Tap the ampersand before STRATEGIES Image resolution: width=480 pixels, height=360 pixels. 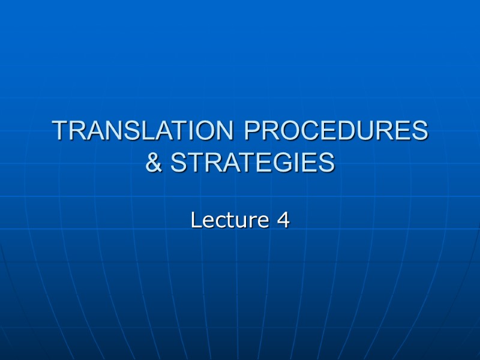point(154,163)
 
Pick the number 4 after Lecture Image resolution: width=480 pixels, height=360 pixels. point(283,220)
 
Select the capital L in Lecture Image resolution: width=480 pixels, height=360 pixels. point(196,220)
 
